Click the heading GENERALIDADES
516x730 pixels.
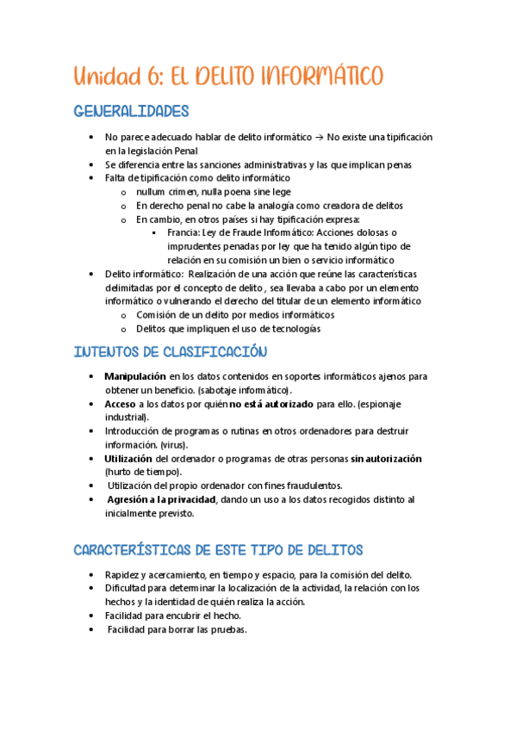[131, 111]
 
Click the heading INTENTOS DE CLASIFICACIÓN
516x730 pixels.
[170, 351]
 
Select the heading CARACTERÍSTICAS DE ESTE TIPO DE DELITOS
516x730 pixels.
[218, 549]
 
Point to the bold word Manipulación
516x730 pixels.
[134, 376]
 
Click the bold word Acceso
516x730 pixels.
[120, 403]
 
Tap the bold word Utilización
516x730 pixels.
[128, 459]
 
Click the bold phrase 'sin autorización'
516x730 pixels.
[387, 459]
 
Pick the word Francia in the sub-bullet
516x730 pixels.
[183, 232]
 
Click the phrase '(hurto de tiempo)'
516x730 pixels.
[143, 472]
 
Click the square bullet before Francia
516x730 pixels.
[153, 232]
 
